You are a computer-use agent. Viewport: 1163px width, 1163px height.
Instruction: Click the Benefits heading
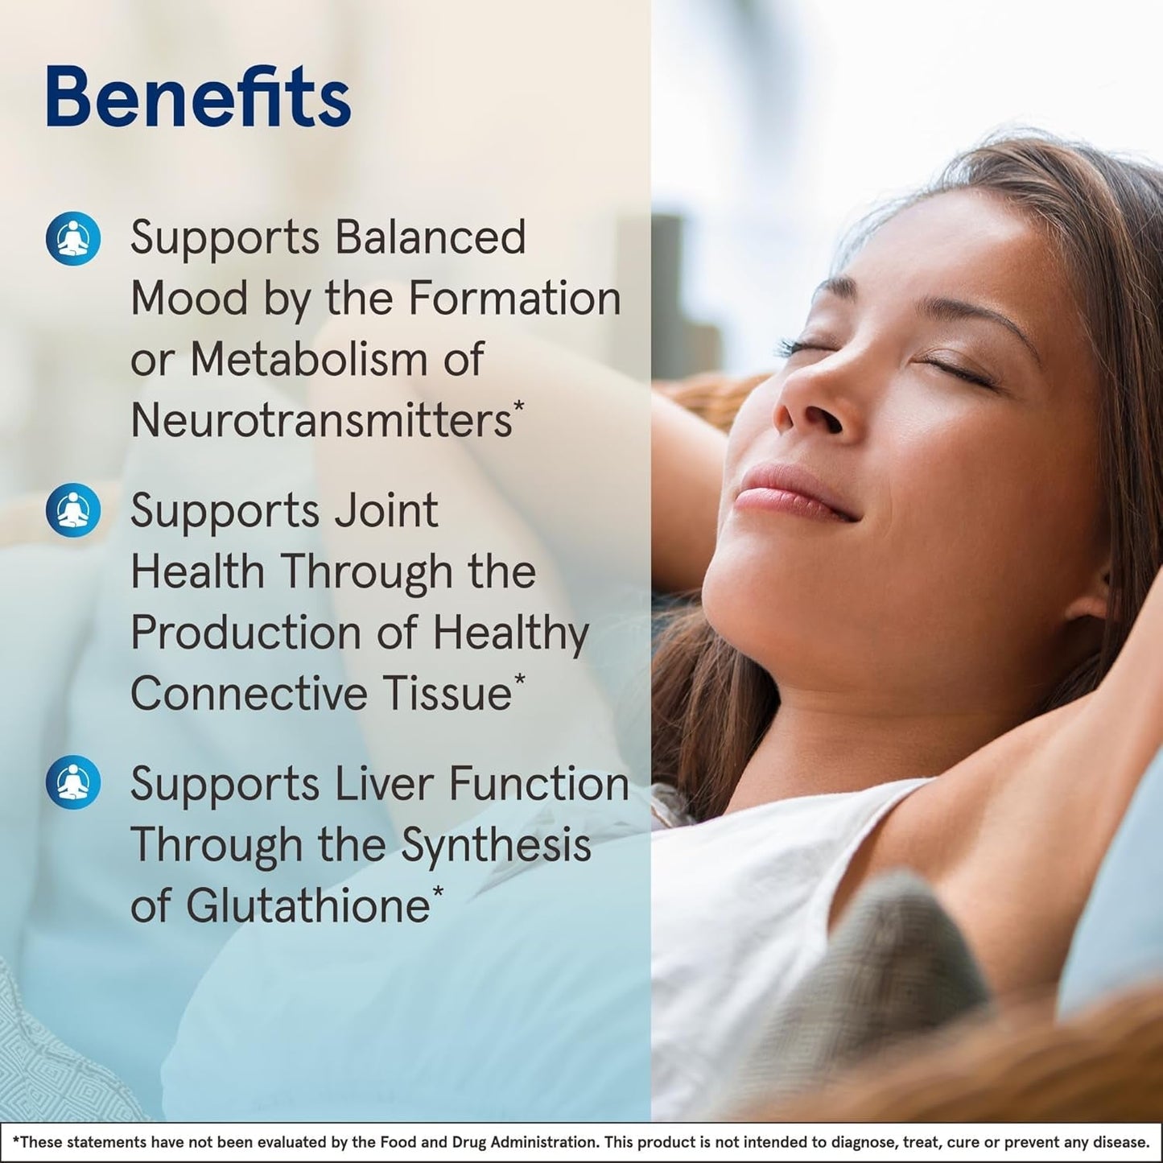point(198,97)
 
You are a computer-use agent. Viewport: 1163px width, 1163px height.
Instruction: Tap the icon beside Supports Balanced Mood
point(73,238)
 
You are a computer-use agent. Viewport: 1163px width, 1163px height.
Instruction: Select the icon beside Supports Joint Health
point(73,510)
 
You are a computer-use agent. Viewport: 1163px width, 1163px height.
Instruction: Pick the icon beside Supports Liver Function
point(73,782)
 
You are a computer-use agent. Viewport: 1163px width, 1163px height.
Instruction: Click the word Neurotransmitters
point(321,420)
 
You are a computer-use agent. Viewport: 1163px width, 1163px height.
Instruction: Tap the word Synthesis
point(496,844)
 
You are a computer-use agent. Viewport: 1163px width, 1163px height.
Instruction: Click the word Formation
point(514,298)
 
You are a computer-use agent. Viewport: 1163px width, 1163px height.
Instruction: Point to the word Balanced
point(430,237)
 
